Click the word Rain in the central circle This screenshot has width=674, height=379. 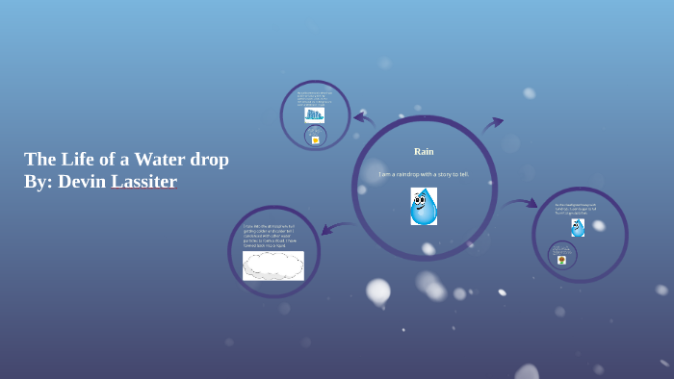424,151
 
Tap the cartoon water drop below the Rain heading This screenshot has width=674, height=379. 424,206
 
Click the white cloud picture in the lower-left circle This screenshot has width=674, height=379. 273,265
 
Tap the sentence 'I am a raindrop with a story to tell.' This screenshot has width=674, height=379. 424,174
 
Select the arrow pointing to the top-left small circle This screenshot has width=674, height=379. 363,119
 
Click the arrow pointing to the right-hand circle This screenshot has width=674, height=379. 520,203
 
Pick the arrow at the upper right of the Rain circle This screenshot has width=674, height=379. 492,124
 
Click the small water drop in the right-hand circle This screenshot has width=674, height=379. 578,228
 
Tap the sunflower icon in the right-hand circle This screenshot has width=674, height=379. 562,259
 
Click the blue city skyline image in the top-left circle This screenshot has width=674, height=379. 314,114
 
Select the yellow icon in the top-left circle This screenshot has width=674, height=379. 315,139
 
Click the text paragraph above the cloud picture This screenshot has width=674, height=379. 271,236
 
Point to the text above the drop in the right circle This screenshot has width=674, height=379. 576,208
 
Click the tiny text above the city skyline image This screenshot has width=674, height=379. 315,97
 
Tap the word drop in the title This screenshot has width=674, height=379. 209,159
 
